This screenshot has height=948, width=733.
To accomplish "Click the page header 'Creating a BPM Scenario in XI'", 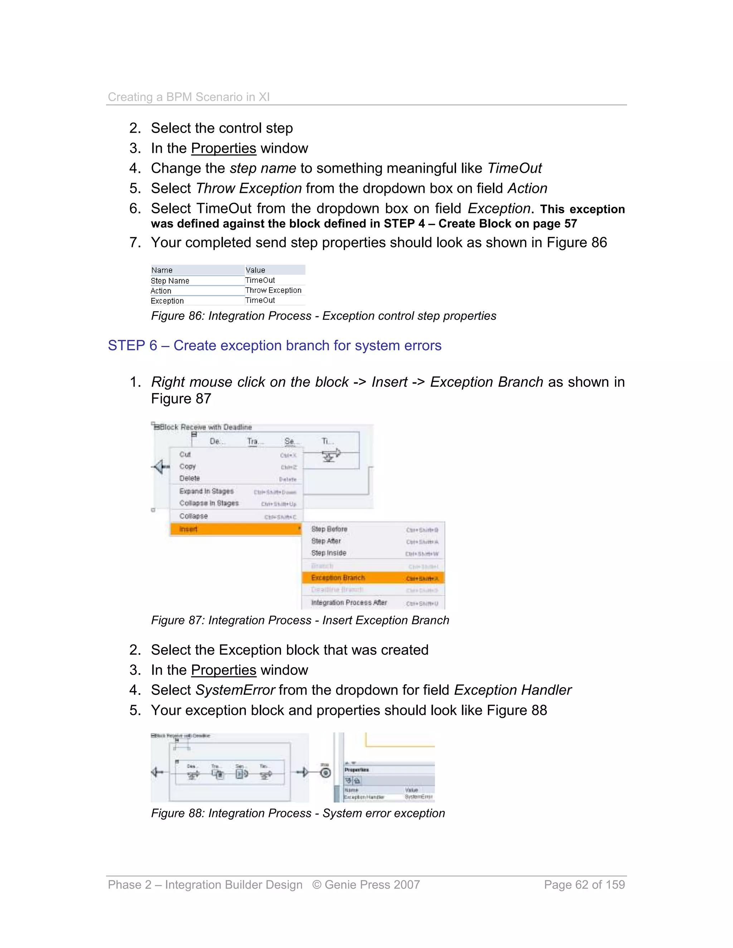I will (189, 97).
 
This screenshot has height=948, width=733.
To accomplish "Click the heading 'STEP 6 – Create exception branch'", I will (275, 346).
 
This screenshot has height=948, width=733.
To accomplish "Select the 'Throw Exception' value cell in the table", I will (273, 290).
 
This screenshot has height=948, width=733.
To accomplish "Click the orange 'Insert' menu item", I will (189, 529).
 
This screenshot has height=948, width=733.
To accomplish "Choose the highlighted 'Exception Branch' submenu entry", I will (338, 578).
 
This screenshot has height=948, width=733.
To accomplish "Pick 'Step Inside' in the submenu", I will (329, 553).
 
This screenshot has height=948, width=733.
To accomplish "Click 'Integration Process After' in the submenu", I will (349, 602).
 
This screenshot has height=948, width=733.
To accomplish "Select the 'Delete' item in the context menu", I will (189, 478).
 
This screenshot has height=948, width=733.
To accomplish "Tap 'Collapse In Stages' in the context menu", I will (209, 503).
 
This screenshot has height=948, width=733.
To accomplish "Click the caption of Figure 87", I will (300, 620).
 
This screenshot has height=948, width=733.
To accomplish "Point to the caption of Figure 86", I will (323, 316).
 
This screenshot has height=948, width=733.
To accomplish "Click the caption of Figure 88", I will (298, 813).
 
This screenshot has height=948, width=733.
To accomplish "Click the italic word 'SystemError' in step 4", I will (235, 690).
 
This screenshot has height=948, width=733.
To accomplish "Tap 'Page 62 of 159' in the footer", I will (584, 885).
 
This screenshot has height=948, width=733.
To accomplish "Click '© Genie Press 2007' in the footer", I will (366, 885).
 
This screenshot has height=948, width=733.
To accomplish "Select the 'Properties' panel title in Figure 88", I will (356, 769).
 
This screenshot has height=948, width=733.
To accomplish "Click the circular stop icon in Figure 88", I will (325, 773).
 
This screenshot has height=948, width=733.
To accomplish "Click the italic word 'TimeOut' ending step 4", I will (515, 168).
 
